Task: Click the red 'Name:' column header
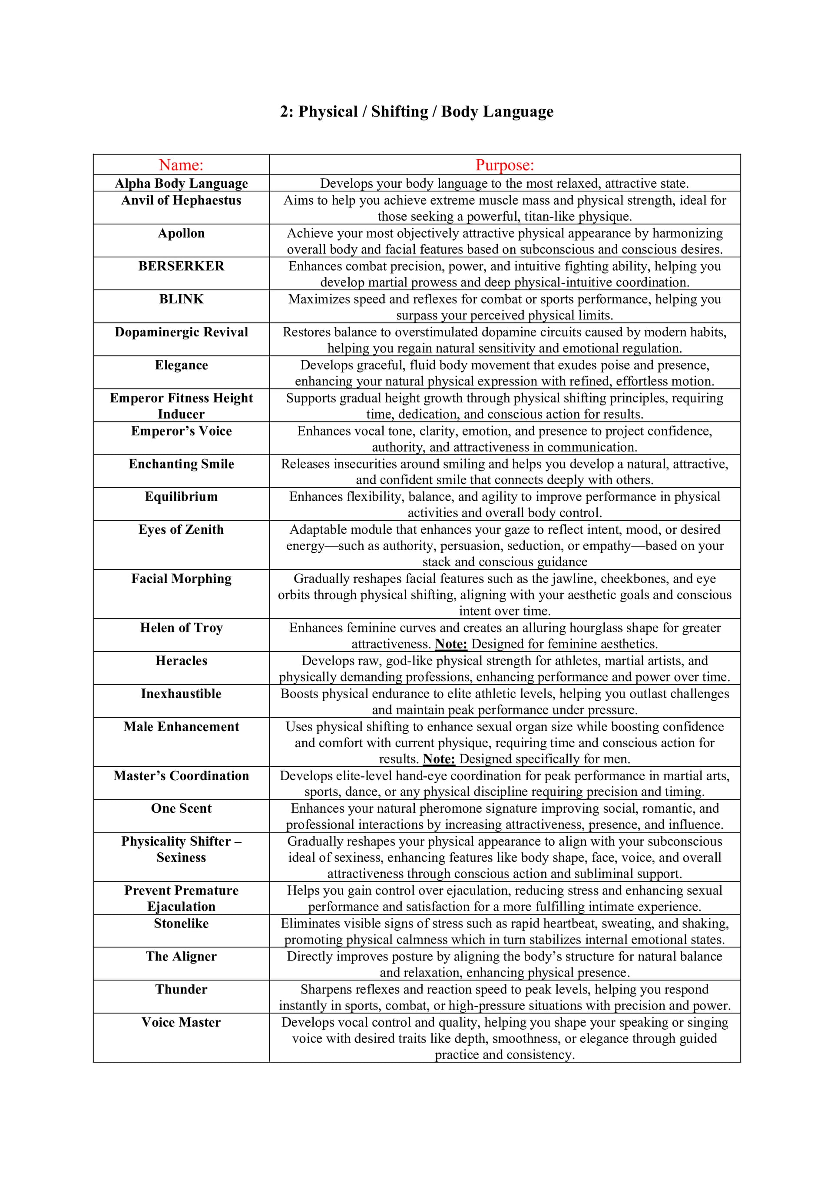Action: [181, 165]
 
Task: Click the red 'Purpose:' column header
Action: [504, 165]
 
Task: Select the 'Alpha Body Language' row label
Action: [181, 183]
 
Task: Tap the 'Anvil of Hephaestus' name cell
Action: [181, 200]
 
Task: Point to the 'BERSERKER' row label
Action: [181, 266]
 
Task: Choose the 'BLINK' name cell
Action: [181, 299]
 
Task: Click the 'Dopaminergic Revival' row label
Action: [181, 332]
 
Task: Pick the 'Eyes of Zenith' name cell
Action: [181, 529]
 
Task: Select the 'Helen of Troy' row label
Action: [181, 628]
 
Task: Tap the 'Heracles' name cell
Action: [181, 661]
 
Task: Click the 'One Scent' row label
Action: [181, 808]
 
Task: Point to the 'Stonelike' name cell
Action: [181, 924]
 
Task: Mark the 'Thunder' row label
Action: [181, 989]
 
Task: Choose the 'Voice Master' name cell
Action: [181, 1022]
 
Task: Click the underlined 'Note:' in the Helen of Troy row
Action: [451, 644]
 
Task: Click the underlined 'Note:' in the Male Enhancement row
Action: [439, 759]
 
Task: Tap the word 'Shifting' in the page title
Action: [399, 112]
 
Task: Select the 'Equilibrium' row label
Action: [181, 496]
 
